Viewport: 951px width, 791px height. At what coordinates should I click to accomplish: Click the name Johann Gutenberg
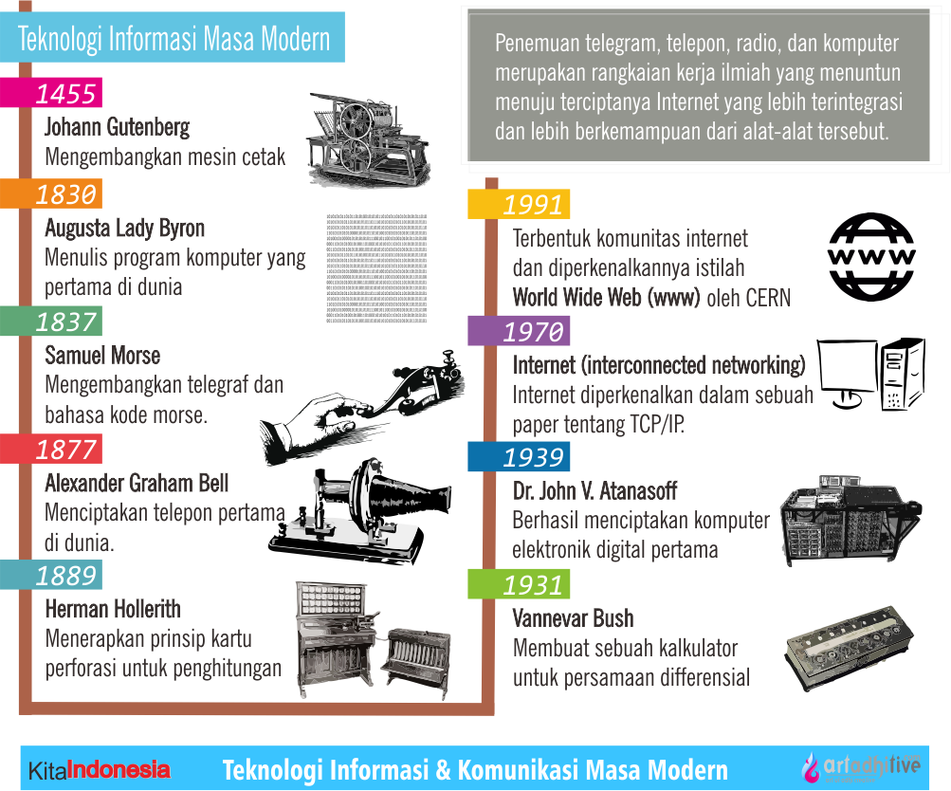(x=117, y=127)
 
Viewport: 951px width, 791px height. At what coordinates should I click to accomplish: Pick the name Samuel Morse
(x=102, y=356)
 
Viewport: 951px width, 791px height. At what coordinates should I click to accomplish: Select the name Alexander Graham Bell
(x=137, y=483)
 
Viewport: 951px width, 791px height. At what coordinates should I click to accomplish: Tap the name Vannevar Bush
(x=573, y=619)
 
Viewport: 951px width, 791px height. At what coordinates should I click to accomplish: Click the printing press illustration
(x=366, y=138)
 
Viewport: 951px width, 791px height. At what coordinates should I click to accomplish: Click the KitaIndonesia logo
(x=99, y=770)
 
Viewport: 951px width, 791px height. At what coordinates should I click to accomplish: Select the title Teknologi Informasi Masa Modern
(x=174, y=39)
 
